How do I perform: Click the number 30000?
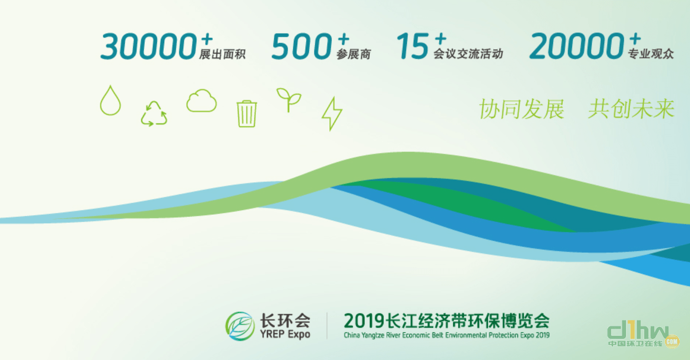point(149,46)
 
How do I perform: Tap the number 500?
point(302,46)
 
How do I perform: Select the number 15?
point(412,46)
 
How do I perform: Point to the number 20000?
point(576,46)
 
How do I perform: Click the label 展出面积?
point(222,54)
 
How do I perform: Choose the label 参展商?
point(353,54)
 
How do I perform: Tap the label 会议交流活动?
point(468,54)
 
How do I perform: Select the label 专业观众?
point(651,54)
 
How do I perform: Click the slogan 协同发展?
point(522,109)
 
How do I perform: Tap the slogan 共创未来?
point(632,109)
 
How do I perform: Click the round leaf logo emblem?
point(240,326)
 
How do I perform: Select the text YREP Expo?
point(285,334)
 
